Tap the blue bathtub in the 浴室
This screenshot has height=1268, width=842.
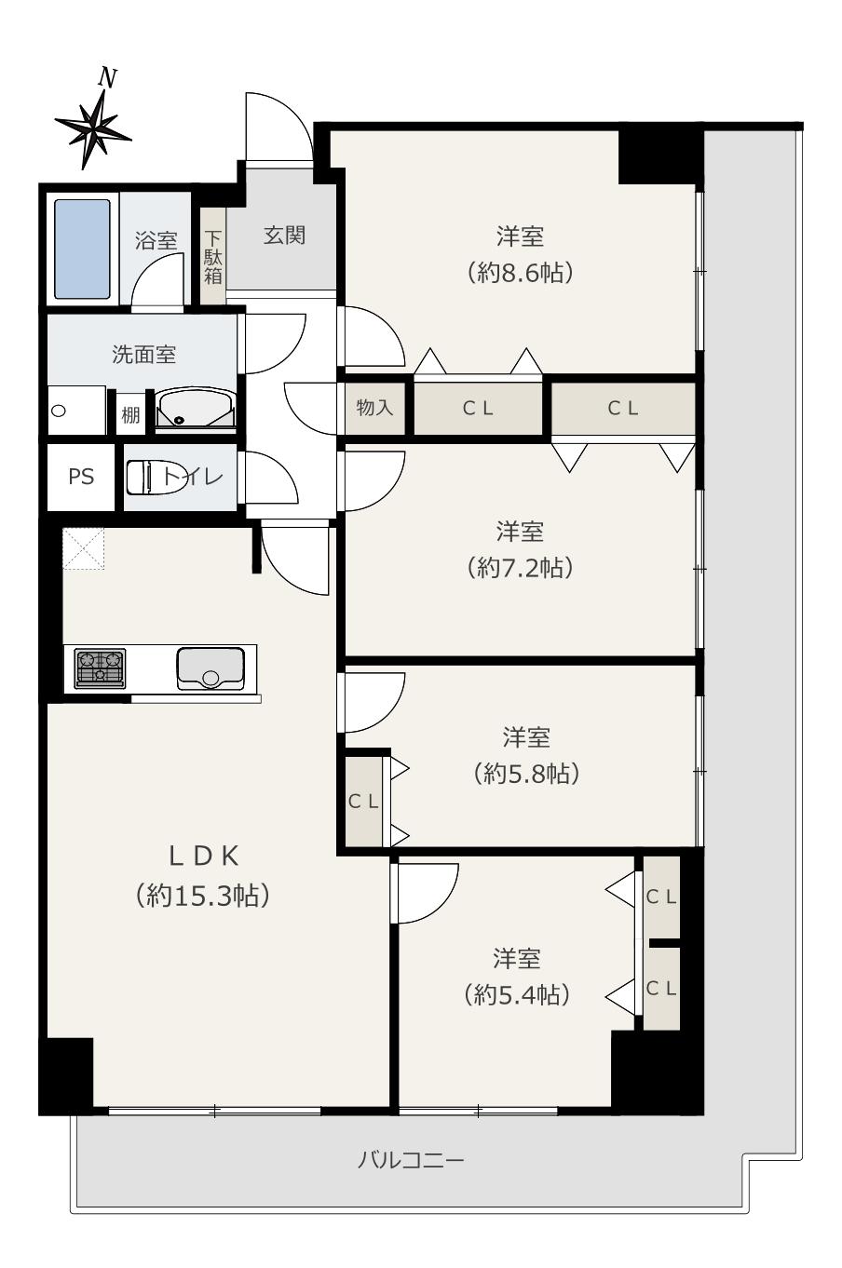point(82,249)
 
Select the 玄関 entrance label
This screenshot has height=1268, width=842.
point(284,236)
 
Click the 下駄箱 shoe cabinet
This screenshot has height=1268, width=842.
point(213,257)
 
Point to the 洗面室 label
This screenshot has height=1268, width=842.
point(143,355)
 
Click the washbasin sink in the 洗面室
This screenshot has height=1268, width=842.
point(195,409)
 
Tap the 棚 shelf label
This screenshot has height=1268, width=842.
point(130,415)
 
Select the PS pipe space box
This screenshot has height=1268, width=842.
point(81,477)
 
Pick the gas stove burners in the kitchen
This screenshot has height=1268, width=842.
point(101,668)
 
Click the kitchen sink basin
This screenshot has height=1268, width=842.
point(210,668)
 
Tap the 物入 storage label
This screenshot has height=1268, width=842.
point(374,407)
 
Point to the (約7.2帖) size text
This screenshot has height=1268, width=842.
point(521,568)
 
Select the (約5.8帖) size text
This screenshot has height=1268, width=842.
point(526,774)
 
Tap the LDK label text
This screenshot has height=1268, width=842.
point(204,857)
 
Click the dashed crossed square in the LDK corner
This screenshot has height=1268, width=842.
point(83,548)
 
